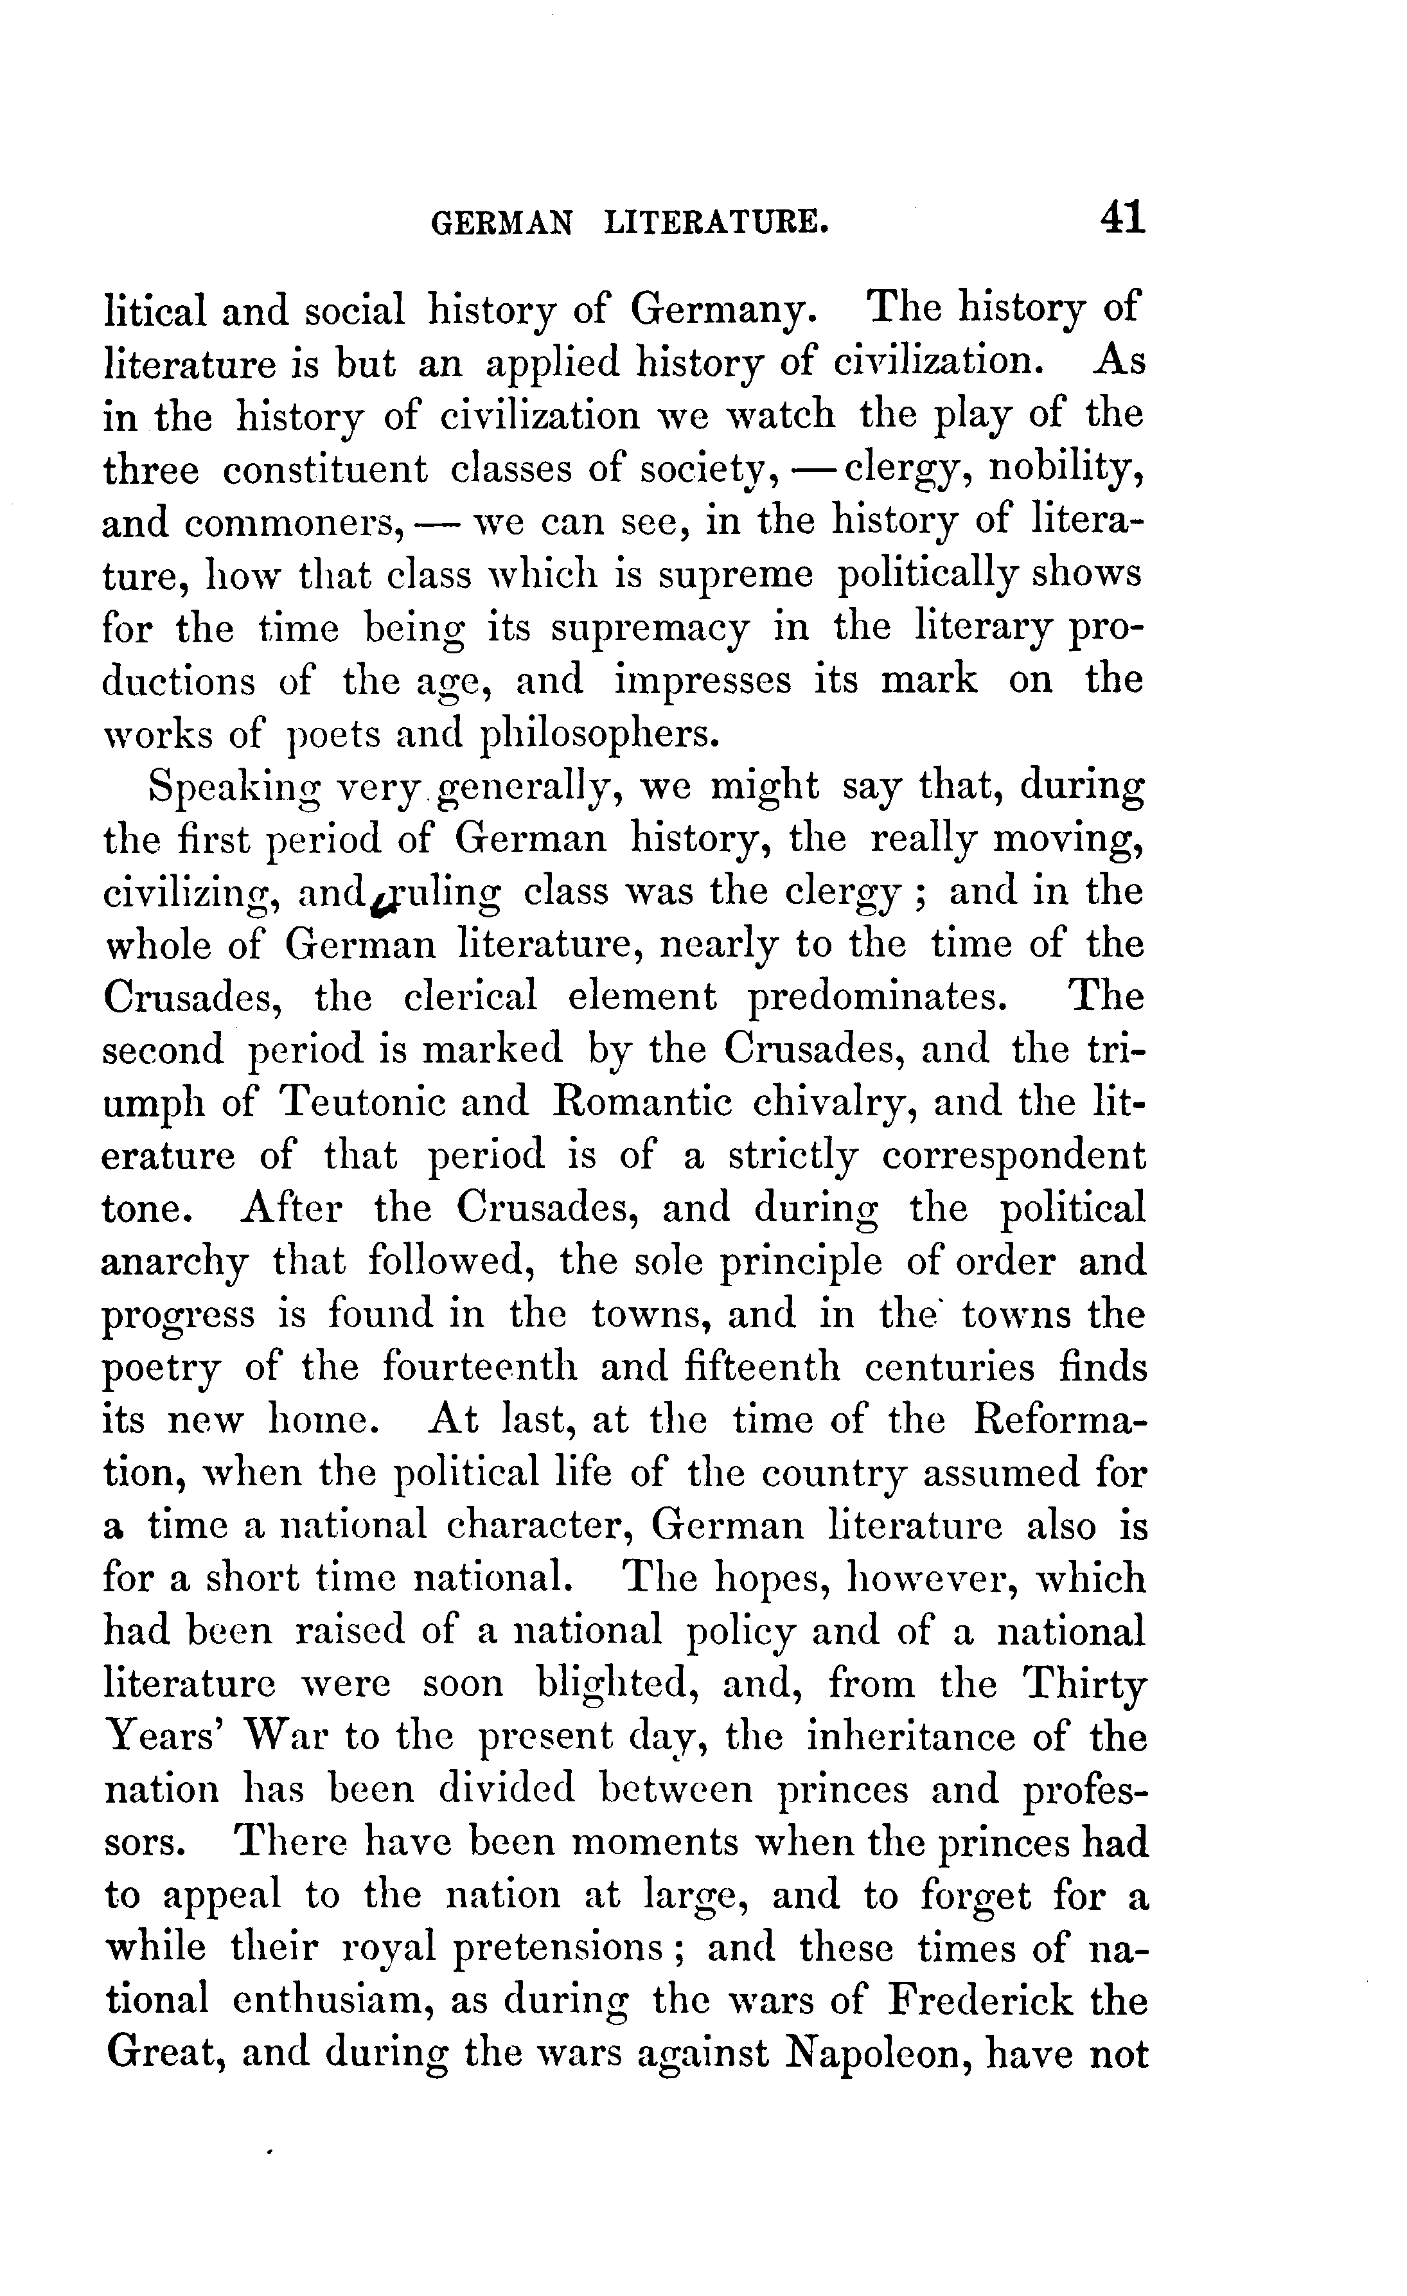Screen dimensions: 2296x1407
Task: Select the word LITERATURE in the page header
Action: (716, 224)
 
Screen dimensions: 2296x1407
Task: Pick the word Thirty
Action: (1084, 1684)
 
